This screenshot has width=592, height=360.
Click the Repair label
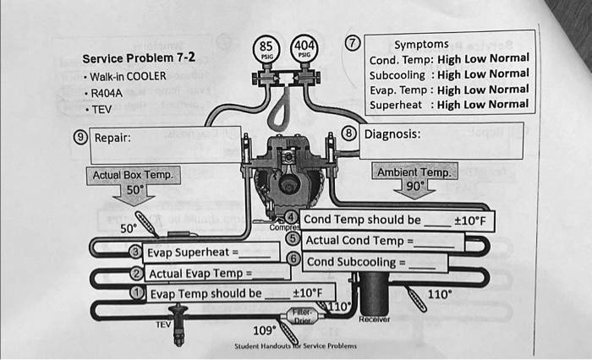click(112, 138)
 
